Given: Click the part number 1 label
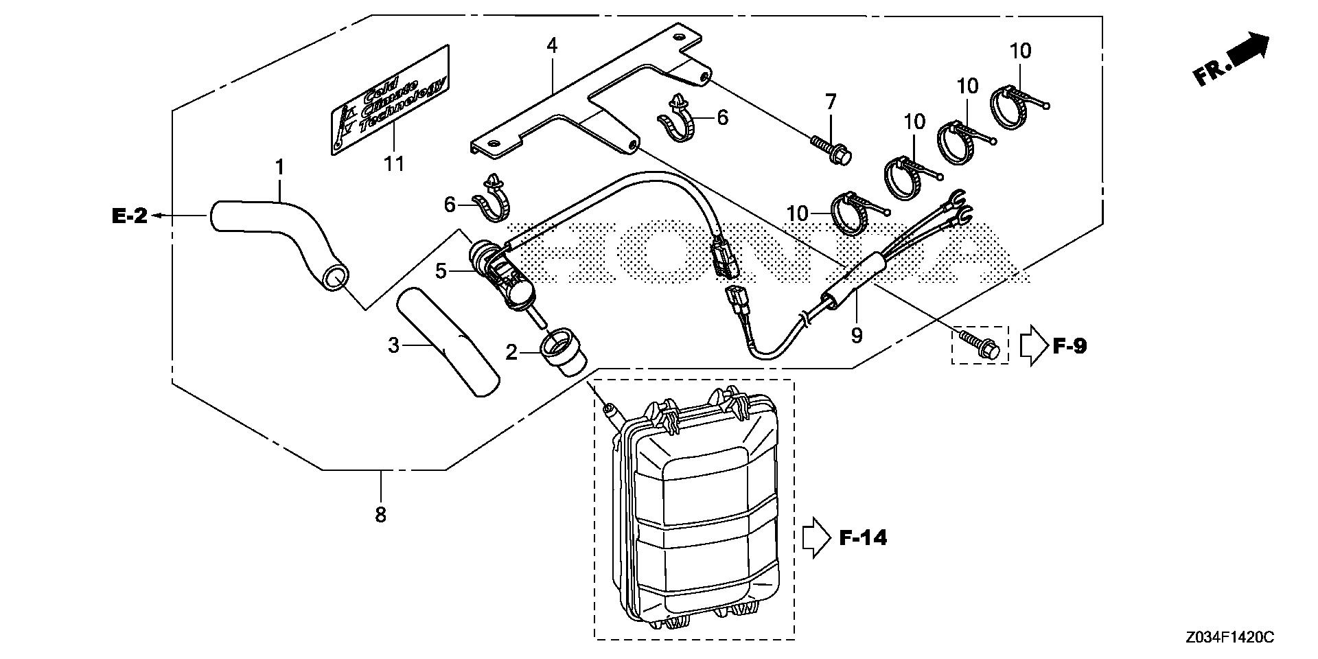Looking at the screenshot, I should (x=279, y=167).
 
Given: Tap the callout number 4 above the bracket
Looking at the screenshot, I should (x=552, y=46).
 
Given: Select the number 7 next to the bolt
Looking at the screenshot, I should (x=831, y=102).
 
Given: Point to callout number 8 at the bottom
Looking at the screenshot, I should (x=380, y=514).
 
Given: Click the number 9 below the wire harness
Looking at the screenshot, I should (x=856, y=336).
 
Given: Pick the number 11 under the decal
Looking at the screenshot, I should (x=394, y=163).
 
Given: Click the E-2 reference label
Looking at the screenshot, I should (x=129, y=216).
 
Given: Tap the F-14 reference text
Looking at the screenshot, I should (x=863, y=537).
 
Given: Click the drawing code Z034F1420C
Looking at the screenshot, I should (x=1228, y=638).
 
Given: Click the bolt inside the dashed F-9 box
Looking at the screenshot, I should (x=980, y=347).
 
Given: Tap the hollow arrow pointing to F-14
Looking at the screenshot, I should (x=816, y=537).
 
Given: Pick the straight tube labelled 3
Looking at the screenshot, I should (x=447, y=343).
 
